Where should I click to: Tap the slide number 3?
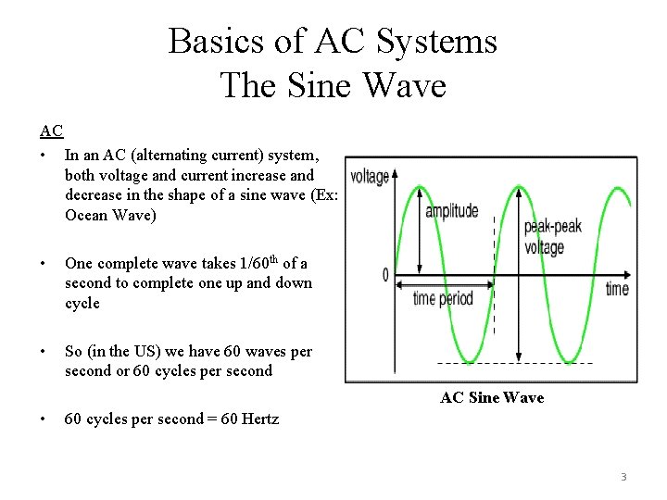(x=623, y=477)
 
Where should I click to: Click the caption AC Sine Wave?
(x=492, y=397)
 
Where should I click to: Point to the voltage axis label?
(x=369, y=176)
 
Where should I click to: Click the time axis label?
(x=617, y=289)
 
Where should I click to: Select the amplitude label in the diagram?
(x=452, y=210)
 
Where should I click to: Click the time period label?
(x=443, y=298)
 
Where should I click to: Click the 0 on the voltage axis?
(x=385, y=275)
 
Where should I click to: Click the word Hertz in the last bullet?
(x=258, y=419)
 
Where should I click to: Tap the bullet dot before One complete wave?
(x=44, y=263)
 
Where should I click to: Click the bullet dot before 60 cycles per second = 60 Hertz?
(x=44, y=419)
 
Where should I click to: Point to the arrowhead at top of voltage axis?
(x=396, y=172)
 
